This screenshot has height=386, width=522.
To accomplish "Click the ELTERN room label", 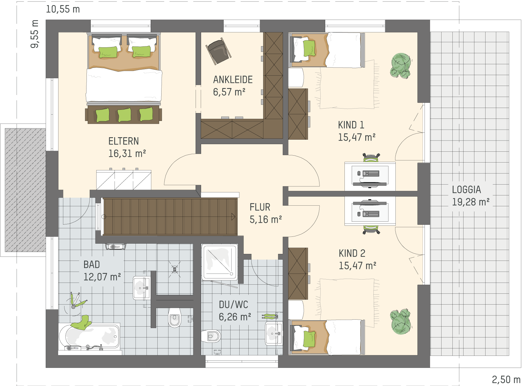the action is pos(124,141).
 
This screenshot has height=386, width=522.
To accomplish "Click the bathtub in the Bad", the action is pos(89,337).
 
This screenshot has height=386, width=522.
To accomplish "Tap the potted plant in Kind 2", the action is pos(401,321).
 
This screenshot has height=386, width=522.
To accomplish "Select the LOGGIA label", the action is pos(467,190).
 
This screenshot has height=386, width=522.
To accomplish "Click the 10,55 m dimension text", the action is pos(63,9).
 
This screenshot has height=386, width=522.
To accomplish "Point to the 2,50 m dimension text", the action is pos(506,379).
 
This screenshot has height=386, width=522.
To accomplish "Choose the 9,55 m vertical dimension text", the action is pos(35,34).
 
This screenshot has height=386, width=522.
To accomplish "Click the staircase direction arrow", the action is pos(233,217).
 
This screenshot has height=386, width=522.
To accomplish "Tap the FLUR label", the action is pos(260,207).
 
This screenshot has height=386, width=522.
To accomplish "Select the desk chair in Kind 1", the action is pos(371,158).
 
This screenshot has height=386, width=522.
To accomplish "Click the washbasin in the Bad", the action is pos(141,288).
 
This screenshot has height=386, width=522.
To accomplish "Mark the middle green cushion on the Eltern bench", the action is pos(124,115).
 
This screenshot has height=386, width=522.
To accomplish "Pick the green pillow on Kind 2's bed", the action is pos(309,339).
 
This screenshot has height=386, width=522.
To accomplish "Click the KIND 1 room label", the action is pos(351,125).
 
